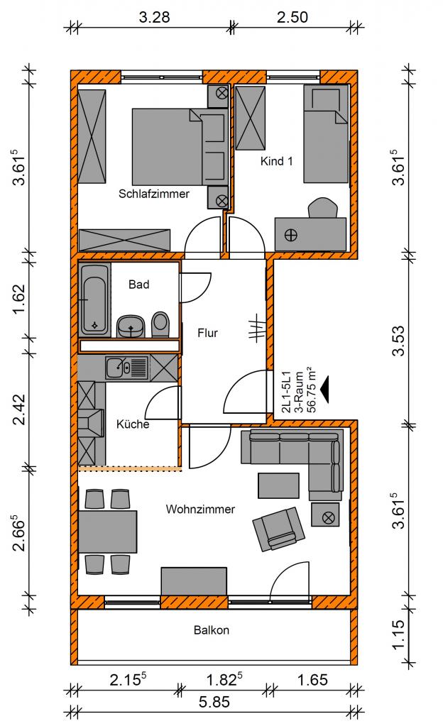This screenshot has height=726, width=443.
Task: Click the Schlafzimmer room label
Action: pos(154,194)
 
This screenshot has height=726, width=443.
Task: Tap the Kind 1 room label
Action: pos(276,161)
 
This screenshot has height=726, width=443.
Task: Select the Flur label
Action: pos(207,332)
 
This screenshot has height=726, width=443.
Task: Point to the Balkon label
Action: pos(212,630)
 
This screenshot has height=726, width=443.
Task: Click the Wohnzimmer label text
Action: pos(200,510)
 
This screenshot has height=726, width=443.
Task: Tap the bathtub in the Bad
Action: pos(94,299)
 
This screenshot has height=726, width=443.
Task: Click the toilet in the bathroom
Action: pos(160,324)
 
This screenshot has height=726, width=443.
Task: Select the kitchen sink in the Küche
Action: pos(126,368)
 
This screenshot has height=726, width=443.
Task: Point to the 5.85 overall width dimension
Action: pos(214,702)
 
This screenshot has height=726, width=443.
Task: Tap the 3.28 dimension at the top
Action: pos(154,17)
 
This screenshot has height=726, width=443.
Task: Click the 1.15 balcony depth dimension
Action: pos(398,634)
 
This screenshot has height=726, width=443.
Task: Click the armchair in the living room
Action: pos(278,528)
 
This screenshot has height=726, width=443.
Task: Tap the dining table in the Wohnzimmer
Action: pos(107,532)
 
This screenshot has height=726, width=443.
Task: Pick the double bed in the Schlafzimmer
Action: pos(180,147)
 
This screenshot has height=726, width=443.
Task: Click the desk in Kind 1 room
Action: pos(310,234)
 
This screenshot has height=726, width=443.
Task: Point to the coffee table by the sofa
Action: pos(278,485)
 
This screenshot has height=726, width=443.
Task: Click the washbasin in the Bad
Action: pos(131,326)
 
